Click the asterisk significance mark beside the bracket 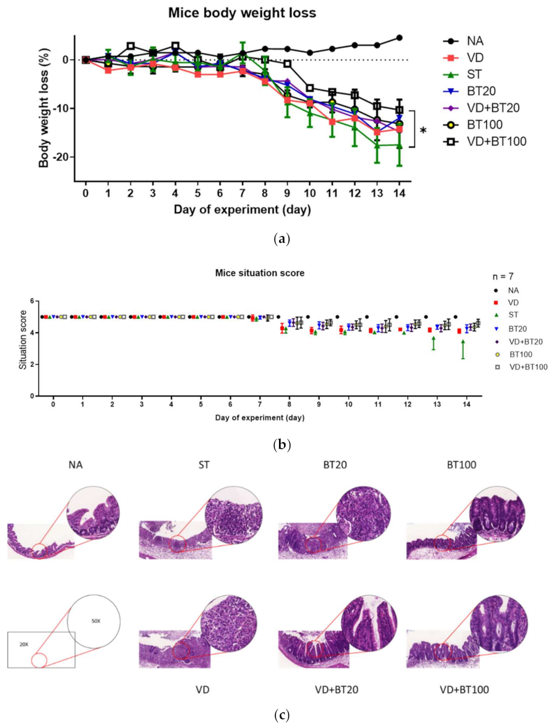point(424,131)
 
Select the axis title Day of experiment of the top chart point(243,209)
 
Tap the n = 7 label point(501,275)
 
